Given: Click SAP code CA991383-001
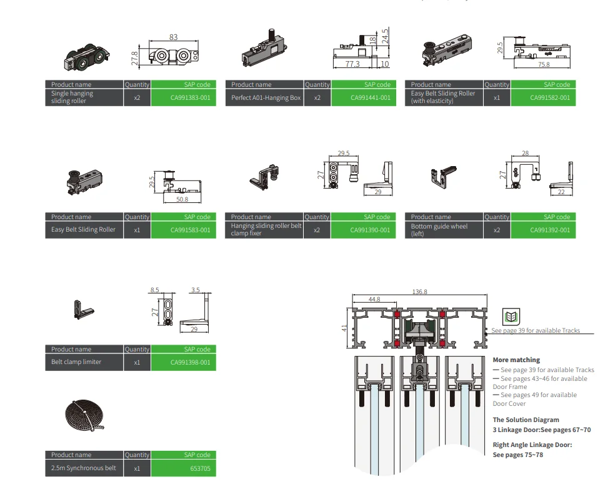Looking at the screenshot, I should pos(183,97).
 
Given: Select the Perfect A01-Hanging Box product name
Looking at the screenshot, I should pos(266,97).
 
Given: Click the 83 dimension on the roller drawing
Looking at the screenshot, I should pos(173,37).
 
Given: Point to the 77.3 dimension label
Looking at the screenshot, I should pos(352,64).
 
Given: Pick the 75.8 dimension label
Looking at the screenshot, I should pos(544,64).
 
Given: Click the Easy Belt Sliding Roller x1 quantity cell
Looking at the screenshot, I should pos(137,230).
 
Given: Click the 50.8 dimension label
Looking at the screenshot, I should pos(182,199).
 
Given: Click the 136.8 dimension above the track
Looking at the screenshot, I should pos(419,292).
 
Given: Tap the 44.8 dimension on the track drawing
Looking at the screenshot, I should pos(374,300).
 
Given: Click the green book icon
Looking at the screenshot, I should pos(511,316).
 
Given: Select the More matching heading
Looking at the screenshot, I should pos(516,360).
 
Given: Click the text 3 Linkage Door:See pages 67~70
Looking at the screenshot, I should pos(541,430).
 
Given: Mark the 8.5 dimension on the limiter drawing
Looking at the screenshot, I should pos(154,290).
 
